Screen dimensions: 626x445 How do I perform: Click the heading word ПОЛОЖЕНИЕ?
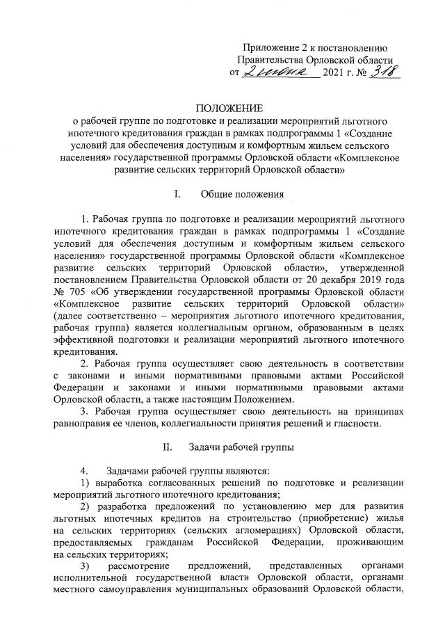pos(229,108)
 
